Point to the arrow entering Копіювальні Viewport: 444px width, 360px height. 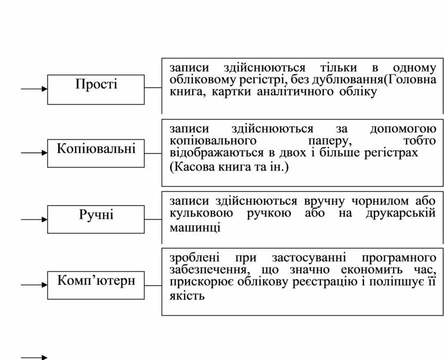(x=34, y=154)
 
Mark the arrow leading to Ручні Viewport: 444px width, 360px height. (x=34, y=219)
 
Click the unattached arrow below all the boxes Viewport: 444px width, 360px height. (x=34, y=357)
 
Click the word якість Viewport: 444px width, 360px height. (x=186, y=296)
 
